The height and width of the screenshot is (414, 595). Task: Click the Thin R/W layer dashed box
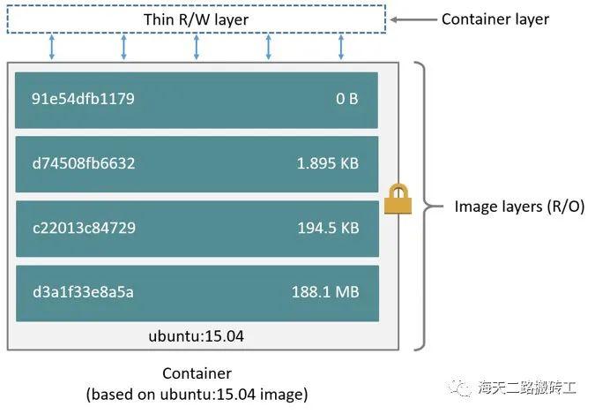click(x=196, y=19)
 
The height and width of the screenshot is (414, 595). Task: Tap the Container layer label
click(x=495, y=19)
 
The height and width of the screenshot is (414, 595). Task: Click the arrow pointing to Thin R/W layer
click(x=413, y=19)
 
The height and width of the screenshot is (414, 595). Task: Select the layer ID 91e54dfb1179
click(x=83, y=98)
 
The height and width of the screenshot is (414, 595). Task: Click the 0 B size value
click(x=346, y=98)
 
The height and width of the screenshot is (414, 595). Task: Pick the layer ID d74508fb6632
click(x=84, y=163)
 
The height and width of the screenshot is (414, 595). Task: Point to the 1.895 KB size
click(x=327, y=163)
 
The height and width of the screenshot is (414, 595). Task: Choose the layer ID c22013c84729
click(x=84, y=228)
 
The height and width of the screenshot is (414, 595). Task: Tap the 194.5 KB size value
click(x=327, y=228)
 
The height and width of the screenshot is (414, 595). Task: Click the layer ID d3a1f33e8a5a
click(x=83, y=292)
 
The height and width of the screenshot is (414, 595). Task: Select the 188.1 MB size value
click(x=324, y=292)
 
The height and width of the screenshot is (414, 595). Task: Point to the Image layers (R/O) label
click(x=519, y=207)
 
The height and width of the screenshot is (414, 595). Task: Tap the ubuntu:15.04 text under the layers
click(x=197, y=335)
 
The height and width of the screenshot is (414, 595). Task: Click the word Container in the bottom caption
click(x=197, y=373)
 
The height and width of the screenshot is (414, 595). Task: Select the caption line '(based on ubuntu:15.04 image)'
click(x=197, y=394)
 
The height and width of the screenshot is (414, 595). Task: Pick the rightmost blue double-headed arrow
click(x=340, y=47)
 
